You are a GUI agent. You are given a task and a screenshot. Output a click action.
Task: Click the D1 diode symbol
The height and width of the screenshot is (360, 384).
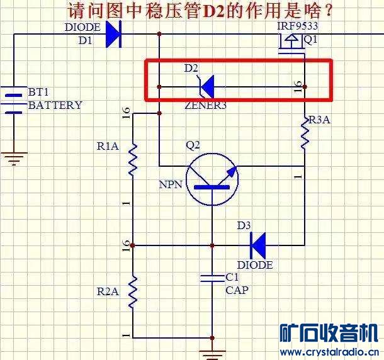pos(114,34)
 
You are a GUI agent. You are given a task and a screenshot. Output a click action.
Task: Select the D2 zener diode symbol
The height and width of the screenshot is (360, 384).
pos(206,87)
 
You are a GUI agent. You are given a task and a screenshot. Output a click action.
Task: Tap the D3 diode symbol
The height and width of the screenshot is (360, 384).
pos(258,245)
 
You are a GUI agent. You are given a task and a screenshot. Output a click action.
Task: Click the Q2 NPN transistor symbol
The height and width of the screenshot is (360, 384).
pos(212,179)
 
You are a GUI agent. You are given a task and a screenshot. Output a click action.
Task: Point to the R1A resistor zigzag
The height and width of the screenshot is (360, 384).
pos(133,159)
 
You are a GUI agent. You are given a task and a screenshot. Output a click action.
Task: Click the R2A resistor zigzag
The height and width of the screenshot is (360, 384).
pos(133,291)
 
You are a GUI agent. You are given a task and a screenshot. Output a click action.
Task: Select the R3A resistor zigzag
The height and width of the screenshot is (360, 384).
pos(305,133)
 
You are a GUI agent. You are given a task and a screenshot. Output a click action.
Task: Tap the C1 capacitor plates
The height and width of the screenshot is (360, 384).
pos(212,278)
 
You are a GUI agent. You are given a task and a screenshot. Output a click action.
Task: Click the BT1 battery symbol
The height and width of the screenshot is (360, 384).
pos(14,100)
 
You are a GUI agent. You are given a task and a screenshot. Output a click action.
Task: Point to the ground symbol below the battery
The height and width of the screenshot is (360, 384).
pos(14,159)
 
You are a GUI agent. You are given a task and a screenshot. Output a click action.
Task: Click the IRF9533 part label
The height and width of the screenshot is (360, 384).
pos(298,26)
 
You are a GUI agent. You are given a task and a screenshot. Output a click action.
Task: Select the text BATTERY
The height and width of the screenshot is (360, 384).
pos(55,105)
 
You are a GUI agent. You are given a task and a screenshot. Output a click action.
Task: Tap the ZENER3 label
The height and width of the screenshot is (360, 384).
pos(206,105)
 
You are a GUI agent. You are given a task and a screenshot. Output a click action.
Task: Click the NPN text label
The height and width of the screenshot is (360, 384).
pos(171,184)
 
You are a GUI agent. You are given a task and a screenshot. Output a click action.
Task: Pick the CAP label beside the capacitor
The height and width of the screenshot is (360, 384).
pos(237,290)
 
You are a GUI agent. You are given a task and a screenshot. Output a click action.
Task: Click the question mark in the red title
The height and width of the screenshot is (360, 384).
pos(329,11)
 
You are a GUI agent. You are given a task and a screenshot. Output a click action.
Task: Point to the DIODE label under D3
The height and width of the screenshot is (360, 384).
pos(255,265)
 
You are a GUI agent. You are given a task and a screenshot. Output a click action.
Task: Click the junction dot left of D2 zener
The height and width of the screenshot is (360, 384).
pos(159,87)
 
